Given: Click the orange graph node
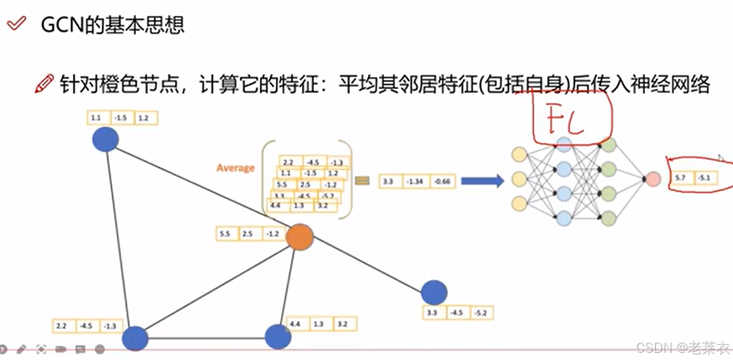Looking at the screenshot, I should click(x=299, y=237).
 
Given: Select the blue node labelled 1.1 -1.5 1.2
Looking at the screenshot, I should click(x=105, y=140).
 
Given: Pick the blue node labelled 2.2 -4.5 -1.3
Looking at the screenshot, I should click(x=135, y=338).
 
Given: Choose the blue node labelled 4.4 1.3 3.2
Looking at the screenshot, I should click(x=277, y=336).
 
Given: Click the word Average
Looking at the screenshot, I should click(x=235, y=168).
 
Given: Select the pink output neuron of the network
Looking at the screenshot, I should click(x=653, y=179).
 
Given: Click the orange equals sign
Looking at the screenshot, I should click(x=363, y=181).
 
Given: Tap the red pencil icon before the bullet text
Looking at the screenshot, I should click(x=45, y=83).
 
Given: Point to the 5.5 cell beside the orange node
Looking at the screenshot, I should click(x=225, y=234).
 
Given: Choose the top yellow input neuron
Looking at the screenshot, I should click(x=520, y=154).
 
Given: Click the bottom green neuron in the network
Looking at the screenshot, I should click(x=609, y=218).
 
